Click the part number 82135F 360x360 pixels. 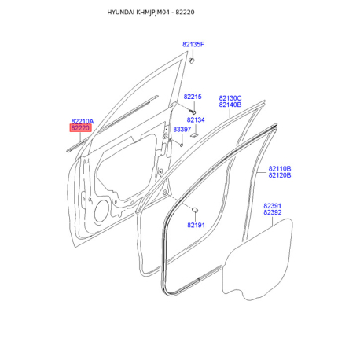[x=193, y=45]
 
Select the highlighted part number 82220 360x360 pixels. [x=80, y=128]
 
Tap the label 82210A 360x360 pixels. [x=83, y=121]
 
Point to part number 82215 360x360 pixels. [x=193, y=97]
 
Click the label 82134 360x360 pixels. [x=196, y=120]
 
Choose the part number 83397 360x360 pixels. [x=182, y=130]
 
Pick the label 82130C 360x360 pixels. [x=230, y=98]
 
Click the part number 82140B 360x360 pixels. [x=230, y=105]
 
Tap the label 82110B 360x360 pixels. [x=280, y=168]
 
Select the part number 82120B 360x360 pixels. [x=280, y=175]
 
